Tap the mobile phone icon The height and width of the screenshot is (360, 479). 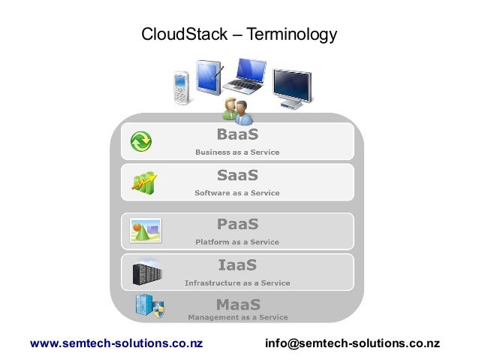pyautogui.click(x=181, y=88)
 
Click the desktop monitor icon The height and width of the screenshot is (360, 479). pyautogui.click(x=291, y=89)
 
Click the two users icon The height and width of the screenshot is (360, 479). pyautogui.click(x=237, y=111)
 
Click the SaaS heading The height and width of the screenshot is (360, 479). pyautogui.click(x=237, y=176)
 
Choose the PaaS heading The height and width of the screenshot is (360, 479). pyautogui.click(x=237, y=225)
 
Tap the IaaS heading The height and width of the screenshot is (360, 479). pyautogui.click(x=237, y=265)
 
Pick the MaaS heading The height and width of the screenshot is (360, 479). pyautogui.click(x=238, y=304)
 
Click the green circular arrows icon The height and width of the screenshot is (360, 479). pyautogui.click(x=140, y=141)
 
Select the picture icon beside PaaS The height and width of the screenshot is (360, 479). pyautogui.click(x=146, y=229)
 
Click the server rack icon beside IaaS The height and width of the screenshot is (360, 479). pyautogui.click(x=147, y=270)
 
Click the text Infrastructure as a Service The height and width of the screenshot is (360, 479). pyautogui.click(x=237, y=283)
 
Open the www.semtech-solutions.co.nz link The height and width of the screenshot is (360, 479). pyautogui.click(x=116, y=343)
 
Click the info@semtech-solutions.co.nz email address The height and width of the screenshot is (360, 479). pyautogui.click(x=353, y=343)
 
